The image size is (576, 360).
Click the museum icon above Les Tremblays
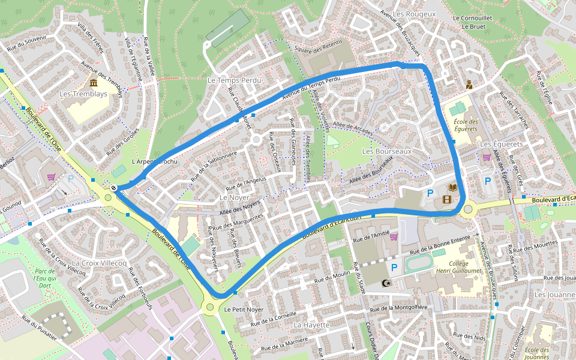(x=94, y=82)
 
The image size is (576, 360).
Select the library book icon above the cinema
(x=452, y=188)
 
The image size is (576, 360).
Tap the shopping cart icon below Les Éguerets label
(x=487, y=157)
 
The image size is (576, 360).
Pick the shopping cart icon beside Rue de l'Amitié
(x=394, y=237)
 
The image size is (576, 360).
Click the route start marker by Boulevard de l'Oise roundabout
(x=113, y=188)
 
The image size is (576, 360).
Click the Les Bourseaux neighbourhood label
(x=387, y=151)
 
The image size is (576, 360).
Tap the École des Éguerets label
(x=466, y=125)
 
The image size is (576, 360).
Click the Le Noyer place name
(x=234, y=197)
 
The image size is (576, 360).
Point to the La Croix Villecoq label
(x=99, y=263)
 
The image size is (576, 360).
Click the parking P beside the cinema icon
(x=430, y=193)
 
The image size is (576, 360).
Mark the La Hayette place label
(x=311, y=325)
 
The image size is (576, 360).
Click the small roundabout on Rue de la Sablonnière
(x=256, y=140)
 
